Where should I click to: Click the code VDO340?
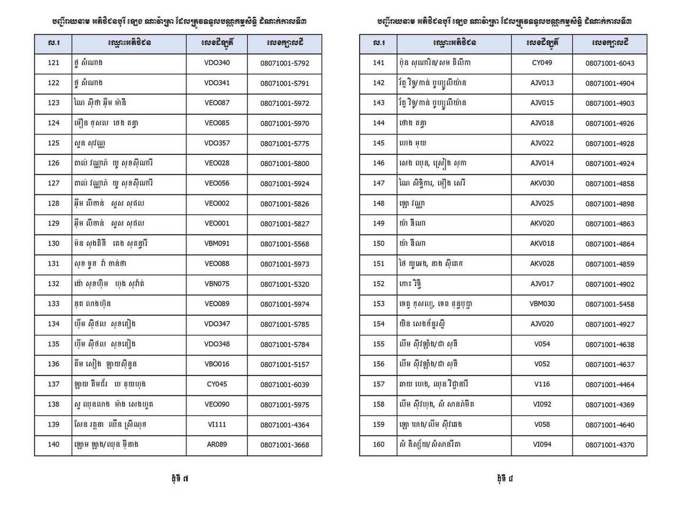tap(217, 63)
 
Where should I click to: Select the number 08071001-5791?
tap(285, 83)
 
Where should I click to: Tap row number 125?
tap(53, 143)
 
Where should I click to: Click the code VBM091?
tap(217, 244)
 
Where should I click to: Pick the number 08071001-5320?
tap(285, 284)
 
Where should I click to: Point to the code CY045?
tap(217, 384)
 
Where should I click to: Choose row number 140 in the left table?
tap(53, 444)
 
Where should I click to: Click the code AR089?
tap(217, 444)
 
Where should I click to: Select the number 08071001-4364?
tap(285, 425)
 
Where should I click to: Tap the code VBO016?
tap(217, 364)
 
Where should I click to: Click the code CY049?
tap(542, 63)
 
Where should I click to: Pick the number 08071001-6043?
tap(610, 63)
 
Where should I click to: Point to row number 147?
tap(378, 183)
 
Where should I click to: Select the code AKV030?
tap(542, 183)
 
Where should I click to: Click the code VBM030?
tap(542, 304)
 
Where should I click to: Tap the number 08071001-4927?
tap(610, 324)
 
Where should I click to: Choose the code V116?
tap(542, 384)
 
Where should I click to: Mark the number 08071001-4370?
tap(610, 445)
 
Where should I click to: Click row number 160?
tap(378, 444)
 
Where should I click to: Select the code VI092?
tap(542, 404)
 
